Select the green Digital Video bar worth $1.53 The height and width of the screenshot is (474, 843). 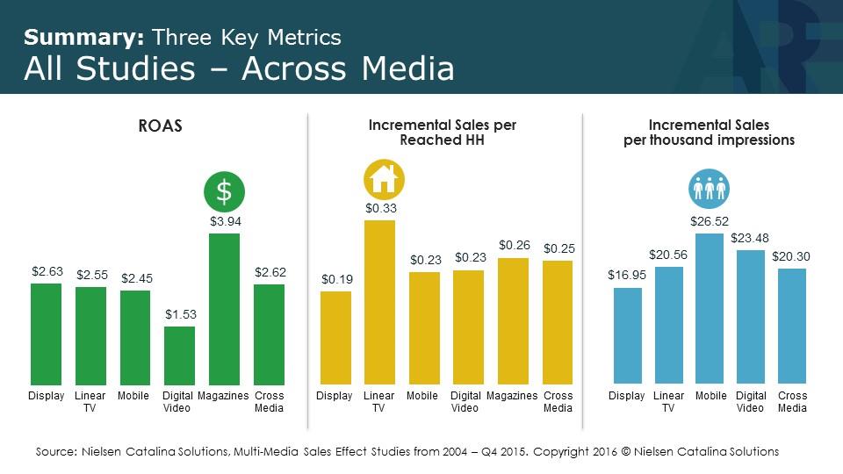(179, 355)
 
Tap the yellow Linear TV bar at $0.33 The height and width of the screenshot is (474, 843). (379, 303)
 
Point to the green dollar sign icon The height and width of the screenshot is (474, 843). (225, 190)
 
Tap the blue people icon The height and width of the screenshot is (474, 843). (710, 189)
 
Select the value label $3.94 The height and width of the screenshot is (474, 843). (225, 222)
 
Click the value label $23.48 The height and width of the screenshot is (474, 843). (750, 238)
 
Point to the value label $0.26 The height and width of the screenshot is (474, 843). (514, 246)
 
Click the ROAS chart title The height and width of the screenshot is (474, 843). (161, 126)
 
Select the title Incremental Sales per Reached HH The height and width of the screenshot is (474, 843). (442, 133)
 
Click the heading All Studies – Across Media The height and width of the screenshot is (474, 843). (239, 68)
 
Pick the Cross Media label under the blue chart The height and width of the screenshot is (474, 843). (792, 402)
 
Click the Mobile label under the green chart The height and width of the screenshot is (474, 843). (133, 396)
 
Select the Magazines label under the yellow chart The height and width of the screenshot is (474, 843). (512, 396)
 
